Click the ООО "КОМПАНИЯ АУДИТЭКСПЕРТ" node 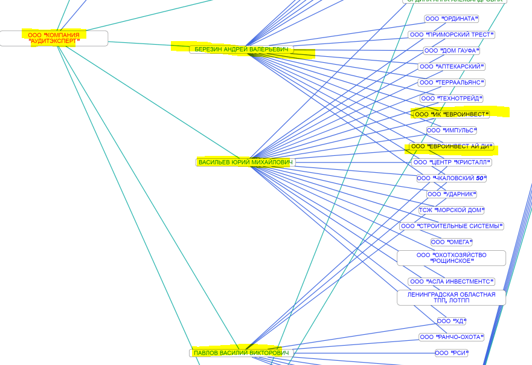(x=54, y=38)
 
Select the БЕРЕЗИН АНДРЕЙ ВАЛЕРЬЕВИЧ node (x=242, y=50)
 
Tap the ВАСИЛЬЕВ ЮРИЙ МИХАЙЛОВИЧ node (x=245, y=163)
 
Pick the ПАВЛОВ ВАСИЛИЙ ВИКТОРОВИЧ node (x=241, y=353)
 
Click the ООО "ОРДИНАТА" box (x=452, y=19)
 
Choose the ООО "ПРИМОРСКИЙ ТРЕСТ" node (x=452, y=34)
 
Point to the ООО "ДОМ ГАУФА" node (x=452, y=51)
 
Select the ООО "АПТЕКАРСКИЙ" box (x=452, y=66)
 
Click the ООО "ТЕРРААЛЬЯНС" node (x=452, y=82)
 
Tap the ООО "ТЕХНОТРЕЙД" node (x=452, y=99)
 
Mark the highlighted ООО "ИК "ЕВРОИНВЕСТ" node (x=452, y=114)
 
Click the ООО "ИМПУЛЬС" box (x=452, y=131)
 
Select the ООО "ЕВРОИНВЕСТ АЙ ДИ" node (x=452, y=146)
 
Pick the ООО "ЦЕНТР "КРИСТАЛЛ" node (x=452, y=163)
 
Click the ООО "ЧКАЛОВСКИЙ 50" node (x=452, y=178)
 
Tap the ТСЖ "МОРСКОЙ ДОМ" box (x=452, y=210)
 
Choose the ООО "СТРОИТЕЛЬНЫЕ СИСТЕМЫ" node (x=452, y=226)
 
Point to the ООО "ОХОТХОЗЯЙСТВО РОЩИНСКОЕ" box (x=452, y=258)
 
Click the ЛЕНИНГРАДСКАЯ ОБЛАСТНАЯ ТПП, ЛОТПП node (x=452, y=297)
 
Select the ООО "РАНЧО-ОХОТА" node (x=452, y=337)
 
